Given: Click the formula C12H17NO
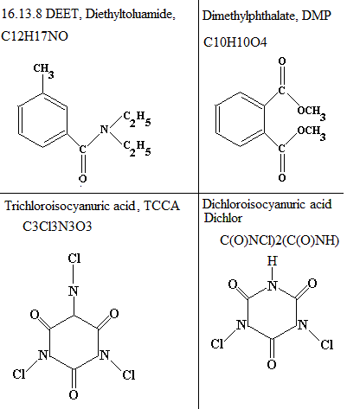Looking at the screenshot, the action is coord(35,36).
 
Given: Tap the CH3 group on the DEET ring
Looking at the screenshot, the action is coord(43,70).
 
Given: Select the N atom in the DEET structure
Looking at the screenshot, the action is coord(104,129).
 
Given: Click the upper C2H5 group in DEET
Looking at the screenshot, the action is coord(137,118).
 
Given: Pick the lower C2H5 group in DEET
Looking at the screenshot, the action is coord(137,148).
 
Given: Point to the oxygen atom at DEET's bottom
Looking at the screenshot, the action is coord(82,179).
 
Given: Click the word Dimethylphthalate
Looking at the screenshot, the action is coord(248,16).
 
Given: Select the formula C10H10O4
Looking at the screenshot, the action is coord(235,42).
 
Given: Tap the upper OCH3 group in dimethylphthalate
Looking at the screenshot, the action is coord(312,112).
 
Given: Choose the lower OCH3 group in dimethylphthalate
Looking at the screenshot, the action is coord(312,132).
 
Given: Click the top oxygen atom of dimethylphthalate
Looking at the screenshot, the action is coord(282,61).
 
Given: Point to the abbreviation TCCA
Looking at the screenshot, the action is coord(162,206).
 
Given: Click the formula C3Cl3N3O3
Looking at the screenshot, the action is coord(57,227).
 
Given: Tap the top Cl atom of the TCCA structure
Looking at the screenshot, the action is coord(74,258).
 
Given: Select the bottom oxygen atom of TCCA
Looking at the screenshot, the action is coord(74,394).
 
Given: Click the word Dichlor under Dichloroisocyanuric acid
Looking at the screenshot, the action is coord(222,218).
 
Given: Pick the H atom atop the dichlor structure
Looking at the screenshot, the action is coord(272,261).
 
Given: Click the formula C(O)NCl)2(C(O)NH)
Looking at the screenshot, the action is coord(280,240).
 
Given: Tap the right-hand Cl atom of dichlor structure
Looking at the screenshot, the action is coord(327,344).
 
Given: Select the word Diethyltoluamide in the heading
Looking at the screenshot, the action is coord(130,14).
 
